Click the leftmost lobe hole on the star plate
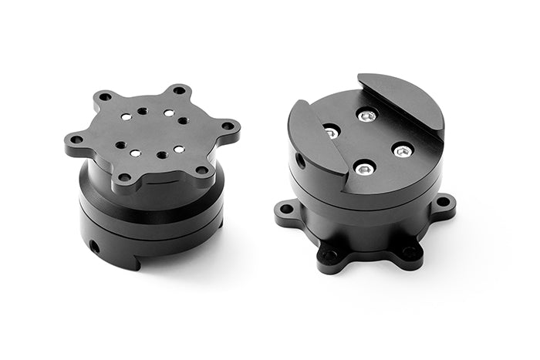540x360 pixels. click(76, 140)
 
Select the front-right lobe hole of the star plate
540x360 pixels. click(201, 170)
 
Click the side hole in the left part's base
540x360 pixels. click(94, 247)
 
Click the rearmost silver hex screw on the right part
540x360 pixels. click(368, 116)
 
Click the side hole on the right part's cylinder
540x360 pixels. click(299, 160)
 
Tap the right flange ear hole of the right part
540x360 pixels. click(443, 202)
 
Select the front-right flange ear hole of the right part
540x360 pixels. click(410, 251)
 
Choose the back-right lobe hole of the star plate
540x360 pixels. click(179, 90)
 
